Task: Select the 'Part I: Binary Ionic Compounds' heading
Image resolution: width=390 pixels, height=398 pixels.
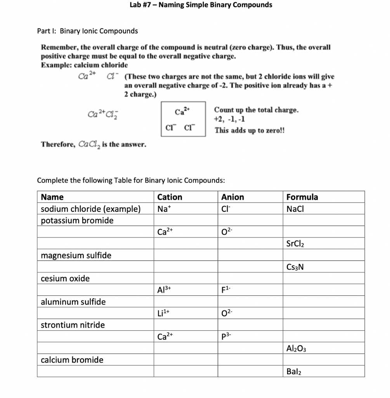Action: click(x=87, y=31)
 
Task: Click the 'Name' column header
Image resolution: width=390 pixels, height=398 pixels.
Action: click(x=52, y=197)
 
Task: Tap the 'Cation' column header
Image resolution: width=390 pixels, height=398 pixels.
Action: click(x=170, y=197)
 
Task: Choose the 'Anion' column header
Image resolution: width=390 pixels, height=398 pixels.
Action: click(x=232, y=197)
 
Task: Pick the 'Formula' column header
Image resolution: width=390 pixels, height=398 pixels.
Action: click(x=302, y=197)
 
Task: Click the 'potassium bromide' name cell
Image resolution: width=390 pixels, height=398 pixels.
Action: click(x=77, y=221)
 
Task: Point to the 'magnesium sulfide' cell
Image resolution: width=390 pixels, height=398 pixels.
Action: click(x=76, y=255)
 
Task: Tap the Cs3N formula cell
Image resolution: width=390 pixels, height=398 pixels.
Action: click(x=295, y=267)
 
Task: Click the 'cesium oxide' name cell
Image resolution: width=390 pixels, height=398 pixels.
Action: click(x=65, y=278)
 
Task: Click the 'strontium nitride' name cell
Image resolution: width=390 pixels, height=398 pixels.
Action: click(x=73, y=325)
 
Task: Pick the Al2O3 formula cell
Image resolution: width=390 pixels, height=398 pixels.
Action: click(x=297, y=348)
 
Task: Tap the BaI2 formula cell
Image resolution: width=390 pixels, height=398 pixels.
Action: click(x=294, y=371)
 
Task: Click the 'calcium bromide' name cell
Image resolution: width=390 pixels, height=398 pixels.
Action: click(x=72, y=360)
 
